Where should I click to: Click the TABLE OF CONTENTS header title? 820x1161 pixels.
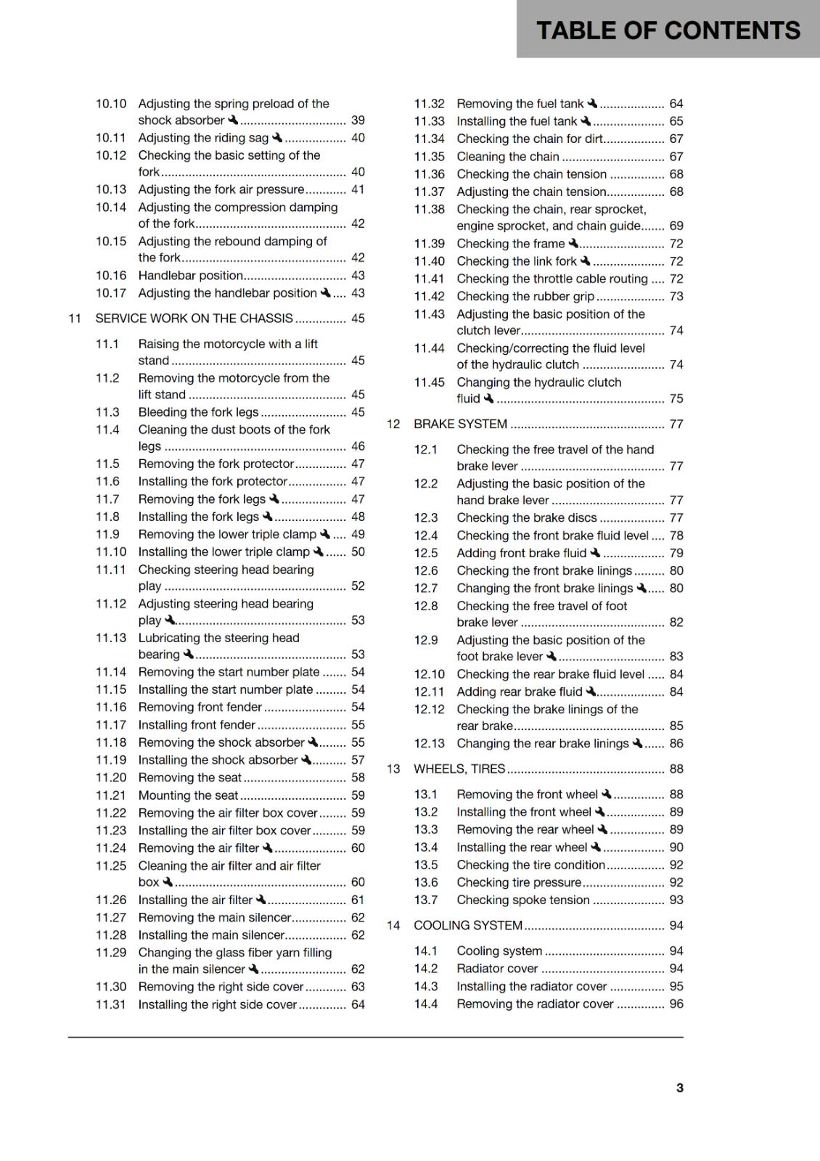(668, 30)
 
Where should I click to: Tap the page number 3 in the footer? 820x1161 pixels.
(679, 1088)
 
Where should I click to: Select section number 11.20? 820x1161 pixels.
(111, 778)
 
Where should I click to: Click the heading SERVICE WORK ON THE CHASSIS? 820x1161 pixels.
(194, 319)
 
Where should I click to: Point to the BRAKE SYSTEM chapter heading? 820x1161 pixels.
(460, 424)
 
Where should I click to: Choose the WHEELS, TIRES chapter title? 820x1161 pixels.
(459, 769)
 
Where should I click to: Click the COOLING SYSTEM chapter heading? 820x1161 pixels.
(468, 926)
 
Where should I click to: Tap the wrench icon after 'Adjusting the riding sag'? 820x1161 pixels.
(277, 138)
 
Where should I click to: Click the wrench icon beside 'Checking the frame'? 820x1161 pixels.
(573, 244)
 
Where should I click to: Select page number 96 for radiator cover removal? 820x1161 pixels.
(676, 1004)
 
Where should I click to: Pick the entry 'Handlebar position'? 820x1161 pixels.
(190, 276)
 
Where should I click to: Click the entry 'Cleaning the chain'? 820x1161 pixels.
(508, 157)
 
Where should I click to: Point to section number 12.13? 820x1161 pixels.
(430, 744)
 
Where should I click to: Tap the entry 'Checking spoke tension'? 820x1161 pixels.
(522, 901)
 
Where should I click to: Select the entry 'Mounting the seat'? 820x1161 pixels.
(188, 796)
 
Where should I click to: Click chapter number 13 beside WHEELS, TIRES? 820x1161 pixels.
(393, 769)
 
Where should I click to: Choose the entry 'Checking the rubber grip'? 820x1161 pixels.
(525, 297)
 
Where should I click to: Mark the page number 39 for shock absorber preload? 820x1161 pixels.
(358, 120)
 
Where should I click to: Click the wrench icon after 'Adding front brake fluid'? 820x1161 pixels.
(595, 553)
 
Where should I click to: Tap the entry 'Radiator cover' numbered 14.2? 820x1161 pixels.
(497, 969)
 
